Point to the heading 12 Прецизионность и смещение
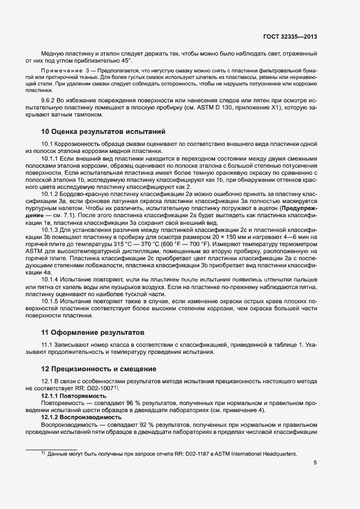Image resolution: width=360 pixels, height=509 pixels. (x=97, y=369)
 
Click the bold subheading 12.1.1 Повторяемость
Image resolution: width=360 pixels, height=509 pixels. (x=74, y=396)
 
